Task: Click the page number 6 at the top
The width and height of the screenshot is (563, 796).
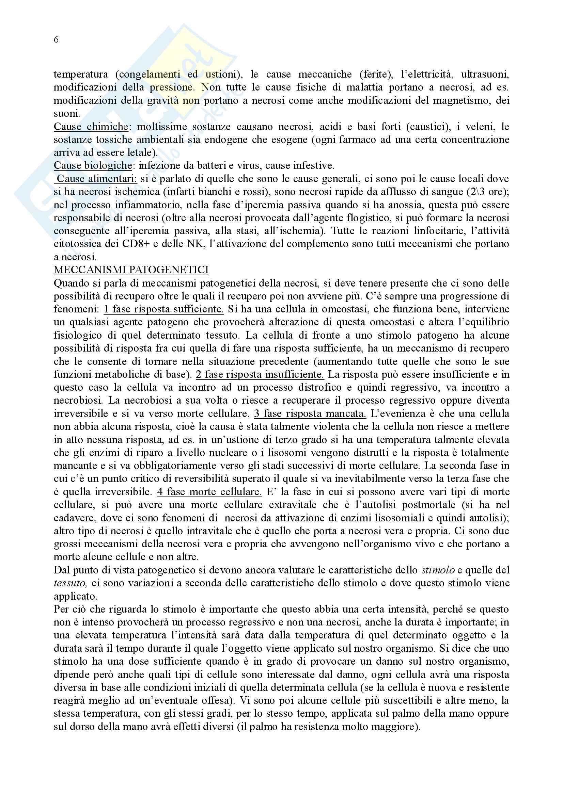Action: [56, 40]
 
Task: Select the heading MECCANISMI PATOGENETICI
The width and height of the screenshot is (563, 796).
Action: [131, 270]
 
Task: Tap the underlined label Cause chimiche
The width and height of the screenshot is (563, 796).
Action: [91, 127]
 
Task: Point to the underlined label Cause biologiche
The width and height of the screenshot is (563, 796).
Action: [93, 166]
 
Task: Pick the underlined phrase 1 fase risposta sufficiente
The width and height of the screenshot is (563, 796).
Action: [164, 309]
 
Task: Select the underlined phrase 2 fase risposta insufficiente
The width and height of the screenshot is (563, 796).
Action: [260, 374]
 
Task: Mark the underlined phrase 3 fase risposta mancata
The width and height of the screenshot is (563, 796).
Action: [310, 413]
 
